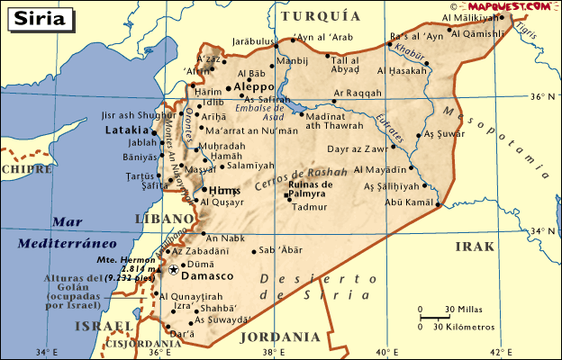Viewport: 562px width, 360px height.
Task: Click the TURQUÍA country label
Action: click(x=321, y=16)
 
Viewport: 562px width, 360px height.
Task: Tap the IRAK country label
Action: click(x=476, y=246)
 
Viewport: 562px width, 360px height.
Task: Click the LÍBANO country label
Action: click(x=164, y=219)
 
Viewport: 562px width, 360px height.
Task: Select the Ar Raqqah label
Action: click(x=357, y=92)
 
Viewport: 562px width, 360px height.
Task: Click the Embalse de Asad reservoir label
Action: click(x=259, y=112)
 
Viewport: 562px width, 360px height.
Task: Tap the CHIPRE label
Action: click(x=26, y=168)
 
